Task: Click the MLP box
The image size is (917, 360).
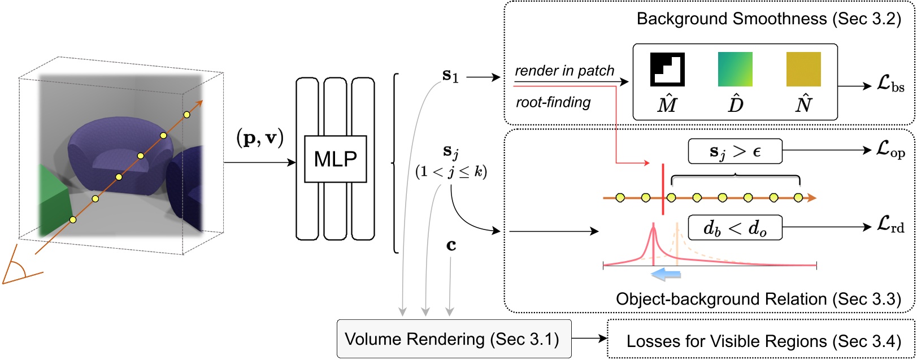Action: point(335,159)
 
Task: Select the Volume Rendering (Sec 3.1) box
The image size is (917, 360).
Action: point(454,339)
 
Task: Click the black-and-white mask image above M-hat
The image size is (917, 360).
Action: point(667,70)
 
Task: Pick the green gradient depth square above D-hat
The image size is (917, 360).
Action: point(735,70)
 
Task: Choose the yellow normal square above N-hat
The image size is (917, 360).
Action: point(803,70)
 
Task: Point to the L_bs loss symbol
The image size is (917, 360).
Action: point(890,86)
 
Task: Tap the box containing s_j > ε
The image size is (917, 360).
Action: point(735,151)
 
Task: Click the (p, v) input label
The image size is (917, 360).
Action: point(259,138)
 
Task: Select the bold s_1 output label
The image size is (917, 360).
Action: point(450,76)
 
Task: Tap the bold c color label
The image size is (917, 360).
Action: point(451,246)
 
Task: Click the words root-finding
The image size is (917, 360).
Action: point(553,102)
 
